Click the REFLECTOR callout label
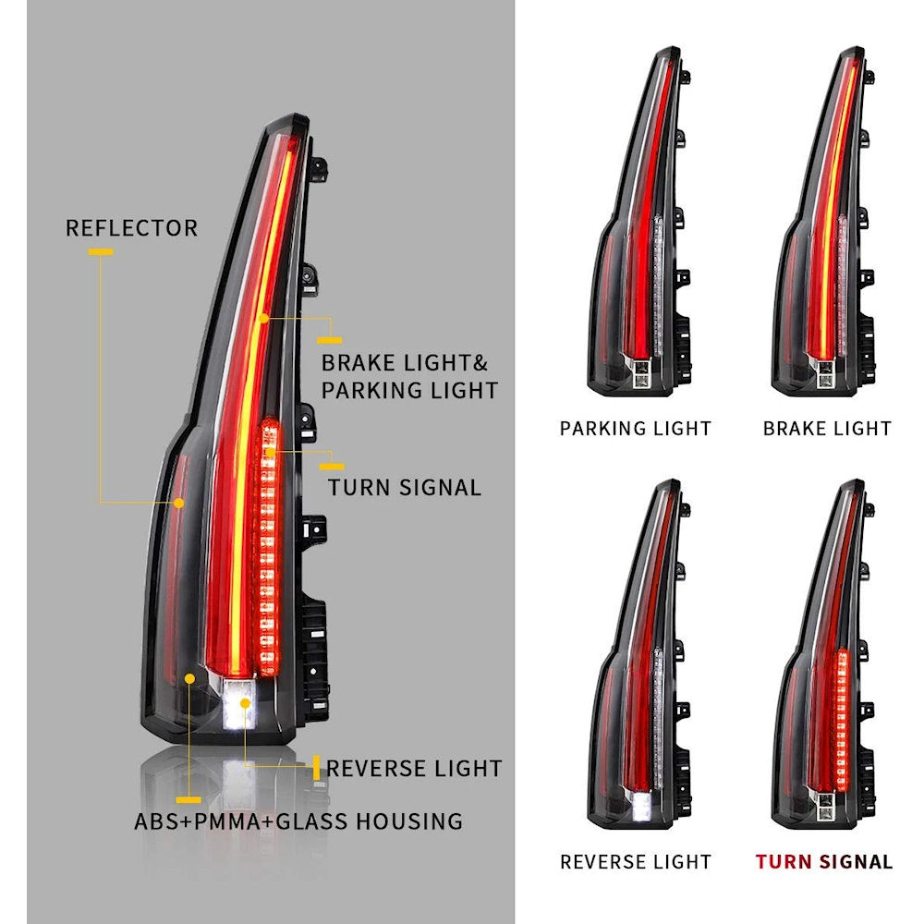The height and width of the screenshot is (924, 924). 131,228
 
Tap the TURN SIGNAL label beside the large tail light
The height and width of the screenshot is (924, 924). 405,487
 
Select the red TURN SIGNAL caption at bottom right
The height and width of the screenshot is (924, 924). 824,861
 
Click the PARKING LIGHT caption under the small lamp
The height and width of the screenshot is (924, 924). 636,429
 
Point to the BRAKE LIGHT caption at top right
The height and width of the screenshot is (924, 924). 827,429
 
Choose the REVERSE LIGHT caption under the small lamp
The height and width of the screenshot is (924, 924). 636,861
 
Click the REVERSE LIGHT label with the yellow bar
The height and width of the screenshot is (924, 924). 414,769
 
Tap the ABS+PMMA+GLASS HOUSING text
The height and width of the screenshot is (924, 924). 298,821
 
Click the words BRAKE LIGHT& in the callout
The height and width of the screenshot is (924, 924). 405,362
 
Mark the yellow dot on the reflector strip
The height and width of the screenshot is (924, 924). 178,503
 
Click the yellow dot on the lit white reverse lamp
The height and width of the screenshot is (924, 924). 245,703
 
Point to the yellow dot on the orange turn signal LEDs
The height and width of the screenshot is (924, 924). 271,452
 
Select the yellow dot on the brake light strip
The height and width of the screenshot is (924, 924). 264,318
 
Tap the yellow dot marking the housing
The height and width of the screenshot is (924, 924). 189,679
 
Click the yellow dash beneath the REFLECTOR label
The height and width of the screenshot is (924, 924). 101,251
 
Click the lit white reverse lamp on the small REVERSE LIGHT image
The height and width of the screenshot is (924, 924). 641,806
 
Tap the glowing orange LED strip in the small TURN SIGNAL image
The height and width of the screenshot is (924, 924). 842,719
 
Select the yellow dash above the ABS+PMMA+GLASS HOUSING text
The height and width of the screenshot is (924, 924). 188,799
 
